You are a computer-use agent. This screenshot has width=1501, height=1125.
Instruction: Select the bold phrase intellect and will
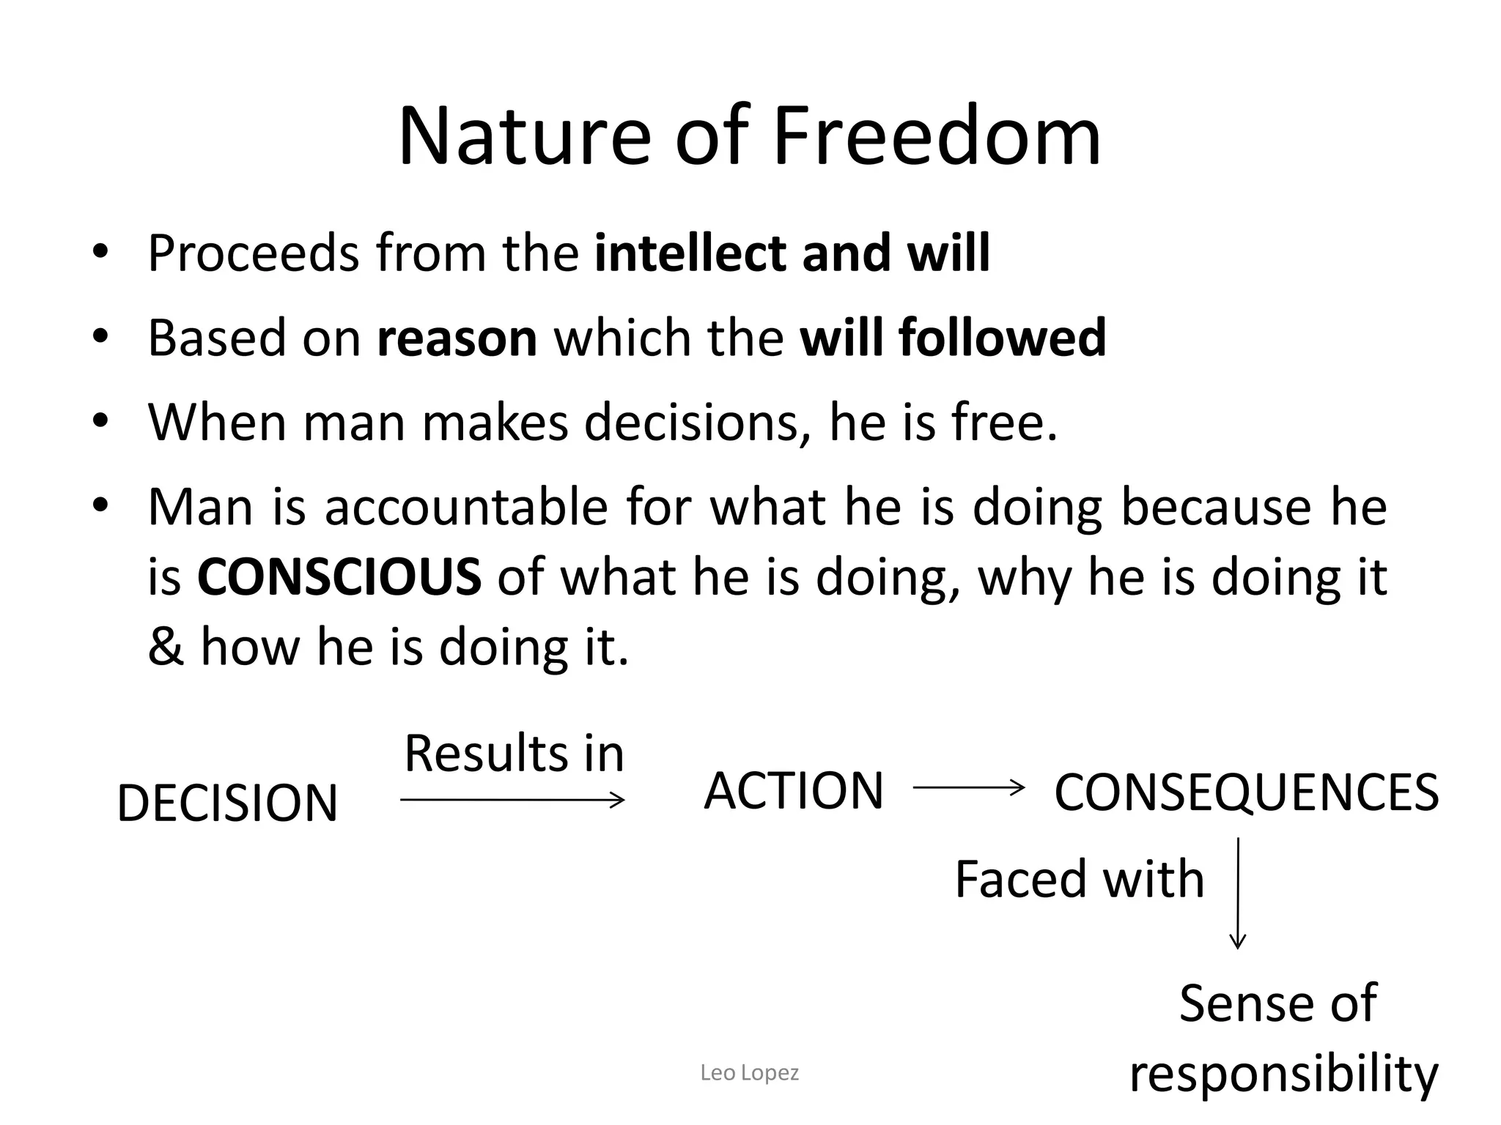tap(792, 253)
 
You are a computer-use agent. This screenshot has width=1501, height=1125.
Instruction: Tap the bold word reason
tap(457, 338)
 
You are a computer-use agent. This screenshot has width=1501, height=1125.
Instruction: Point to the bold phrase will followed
tap(952, 338)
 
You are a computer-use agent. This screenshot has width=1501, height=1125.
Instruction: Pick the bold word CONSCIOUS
tap(339, 576)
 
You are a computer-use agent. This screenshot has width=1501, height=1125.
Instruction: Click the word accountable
tap(466, 507)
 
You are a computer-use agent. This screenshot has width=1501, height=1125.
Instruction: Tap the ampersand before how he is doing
tap(165, 647)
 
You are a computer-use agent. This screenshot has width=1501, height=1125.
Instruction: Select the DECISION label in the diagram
tap(227, 803)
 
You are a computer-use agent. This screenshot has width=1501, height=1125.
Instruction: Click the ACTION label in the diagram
tap(794, 791)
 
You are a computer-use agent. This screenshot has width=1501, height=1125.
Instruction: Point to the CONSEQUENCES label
tap(1246, 793)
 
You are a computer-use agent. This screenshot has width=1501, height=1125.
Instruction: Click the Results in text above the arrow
tap(514, 754)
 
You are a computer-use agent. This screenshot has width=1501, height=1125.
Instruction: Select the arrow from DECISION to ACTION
tap(512, 800)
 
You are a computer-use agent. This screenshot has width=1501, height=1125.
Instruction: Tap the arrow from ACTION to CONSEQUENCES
tap(968, 788)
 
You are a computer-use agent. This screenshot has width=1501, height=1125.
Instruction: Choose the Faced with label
tap(1080, 879)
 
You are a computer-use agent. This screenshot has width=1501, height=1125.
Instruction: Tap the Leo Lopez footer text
tap(749, 1073)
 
